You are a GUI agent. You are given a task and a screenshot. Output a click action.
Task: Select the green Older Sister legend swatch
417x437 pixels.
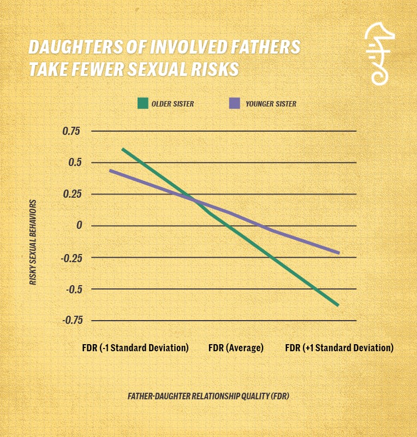click(143, 103)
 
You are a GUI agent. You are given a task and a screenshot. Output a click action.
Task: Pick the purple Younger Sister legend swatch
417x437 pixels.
click(235, 103)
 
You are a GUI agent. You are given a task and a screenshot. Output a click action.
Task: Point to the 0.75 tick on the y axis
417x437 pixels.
click(70, 131)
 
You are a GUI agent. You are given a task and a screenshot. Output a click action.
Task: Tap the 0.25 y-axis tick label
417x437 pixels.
click(70, 194)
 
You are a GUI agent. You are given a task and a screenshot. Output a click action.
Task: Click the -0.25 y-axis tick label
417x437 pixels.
click(69, 257)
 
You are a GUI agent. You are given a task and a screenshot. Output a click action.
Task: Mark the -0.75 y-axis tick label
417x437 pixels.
click(69, 321)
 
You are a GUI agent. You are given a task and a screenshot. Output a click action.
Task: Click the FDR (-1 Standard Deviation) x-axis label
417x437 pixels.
click(135, 348)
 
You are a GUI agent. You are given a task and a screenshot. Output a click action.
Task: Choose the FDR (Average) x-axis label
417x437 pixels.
click(236, 348)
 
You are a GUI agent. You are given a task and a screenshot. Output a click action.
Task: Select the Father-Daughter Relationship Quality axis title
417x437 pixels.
click(208, 396)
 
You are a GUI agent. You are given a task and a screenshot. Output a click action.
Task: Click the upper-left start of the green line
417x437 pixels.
click(122, 149)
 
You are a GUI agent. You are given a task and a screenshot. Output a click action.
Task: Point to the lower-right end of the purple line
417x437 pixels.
click(339, 253)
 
